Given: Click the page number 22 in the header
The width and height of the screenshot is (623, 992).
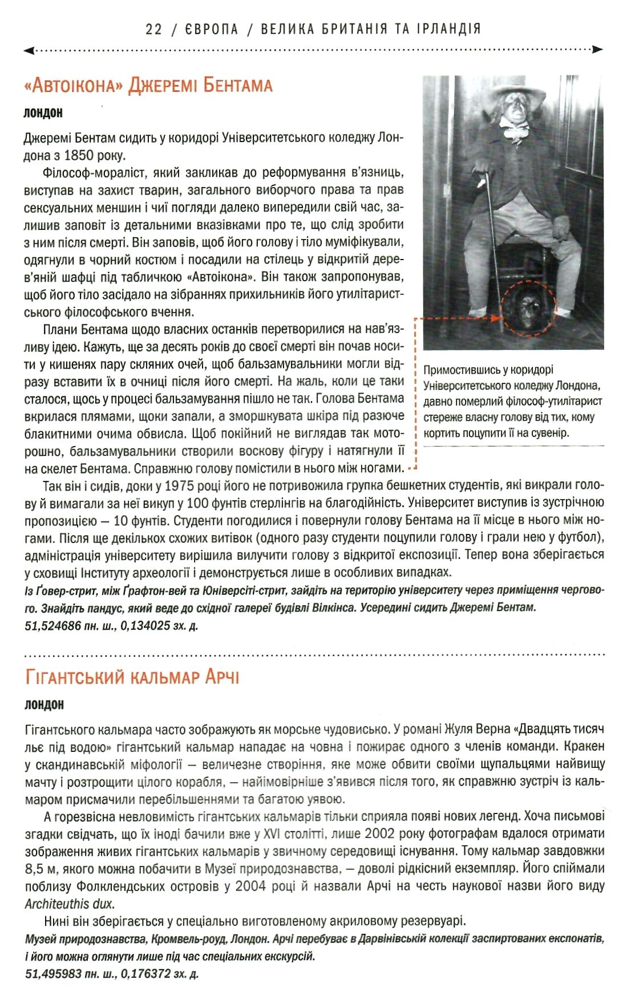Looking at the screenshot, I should tap(154, 29).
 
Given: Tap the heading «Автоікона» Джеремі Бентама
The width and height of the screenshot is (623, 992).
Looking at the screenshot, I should tap(148, 86).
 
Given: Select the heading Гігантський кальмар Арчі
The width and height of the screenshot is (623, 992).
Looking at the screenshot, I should tap(132, 677).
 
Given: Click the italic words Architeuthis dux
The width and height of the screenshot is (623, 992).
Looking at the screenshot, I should tap(70, 904).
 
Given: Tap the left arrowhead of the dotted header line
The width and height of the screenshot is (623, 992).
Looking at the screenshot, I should tap(27, 50).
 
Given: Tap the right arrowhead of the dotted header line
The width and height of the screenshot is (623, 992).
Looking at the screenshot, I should tap(598, 50).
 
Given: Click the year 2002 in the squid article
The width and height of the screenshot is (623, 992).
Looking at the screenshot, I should tap(379, 834).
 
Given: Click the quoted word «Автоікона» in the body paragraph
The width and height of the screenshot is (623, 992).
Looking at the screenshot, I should tap(220, 277).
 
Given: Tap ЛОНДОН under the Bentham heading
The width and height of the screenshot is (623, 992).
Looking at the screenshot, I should tap(43, 113).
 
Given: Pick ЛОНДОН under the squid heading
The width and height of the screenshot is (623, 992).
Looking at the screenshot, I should tap(44, 704).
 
